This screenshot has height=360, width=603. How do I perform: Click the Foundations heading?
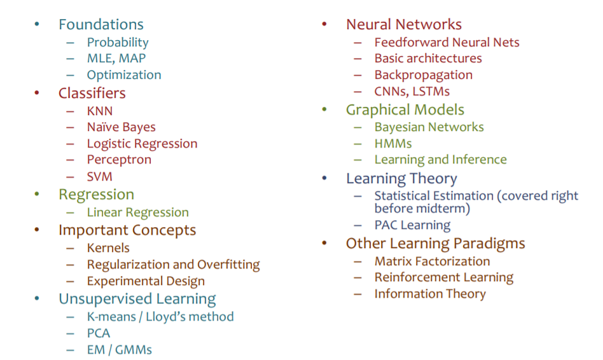click(100, 24)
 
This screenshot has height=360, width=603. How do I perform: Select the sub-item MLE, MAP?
click(116, 59)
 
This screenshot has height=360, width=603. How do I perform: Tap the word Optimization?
click(124, 75)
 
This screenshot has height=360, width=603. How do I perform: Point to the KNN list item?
click(100, 111)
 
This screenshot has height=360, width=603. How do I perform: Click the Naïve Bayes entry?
click(121, 127)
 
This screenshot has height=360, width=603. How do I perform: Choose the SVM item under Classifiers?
click(100, 177)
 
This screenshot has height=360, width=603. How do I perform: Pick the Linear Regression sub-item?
click(137, 212)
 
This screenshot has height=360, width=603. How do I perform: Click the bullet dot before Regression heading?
click(36, 194)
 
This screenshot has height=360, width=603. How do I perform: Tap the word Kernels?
click(108, 247)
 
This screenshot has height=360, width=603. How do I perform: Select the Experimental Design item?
click(146, 281)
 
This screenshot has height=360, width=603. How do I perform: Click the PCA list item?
click(99, 333)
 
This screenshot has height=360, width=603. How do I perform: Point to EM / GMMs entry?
click(119, 350)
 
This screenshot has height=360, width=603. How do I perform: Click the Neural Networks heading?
click(404, 24)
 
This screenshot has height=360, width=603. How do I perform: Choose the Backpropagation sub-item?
click(424, 75)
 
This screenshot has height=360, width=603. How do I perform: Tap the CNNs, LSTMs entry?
click(412, 92)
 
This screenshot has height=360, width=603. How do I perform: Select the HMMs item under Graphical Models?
click(393, 144)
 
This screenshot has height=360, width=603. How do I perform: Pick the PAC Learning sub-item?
click(412, 225)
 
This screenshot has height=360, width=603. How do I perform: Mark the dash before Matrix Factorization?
click(357, 261)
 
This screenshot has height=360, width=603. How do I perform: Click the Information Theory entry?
click(430, 294)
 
